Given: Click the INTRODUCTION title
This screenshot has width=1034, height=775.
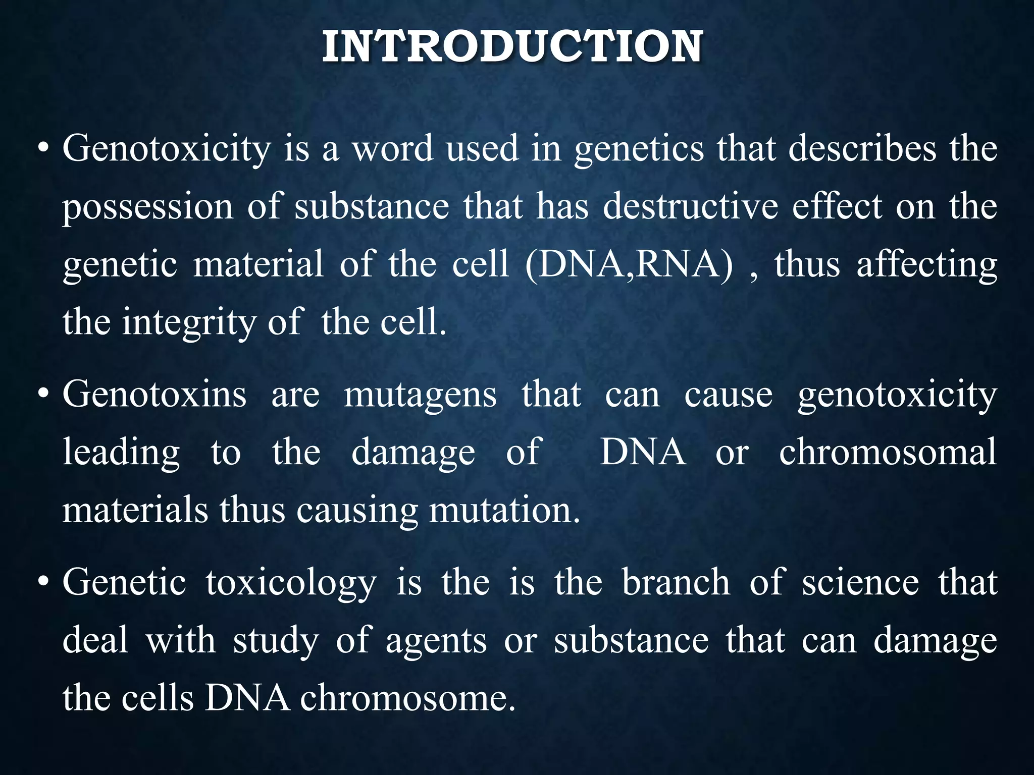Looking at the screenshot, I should click(512, 46).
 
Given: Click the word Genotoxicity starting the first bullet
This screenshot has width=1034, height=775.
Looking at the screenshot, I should click(167, 149).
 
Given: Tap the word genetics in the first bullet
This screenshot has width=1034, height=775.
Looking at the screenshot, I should click(639, 149).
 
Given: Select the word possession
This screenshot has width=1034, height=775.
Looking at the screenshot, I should click(147, 207).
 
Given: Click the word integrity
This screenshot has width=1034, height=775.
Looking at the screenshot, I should click(189, 323).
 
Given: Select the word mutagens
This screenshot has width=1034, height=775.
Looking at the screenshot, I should click(420, 395).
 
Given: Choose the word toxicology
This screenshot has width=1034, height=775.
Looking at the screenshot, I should click(291, 583).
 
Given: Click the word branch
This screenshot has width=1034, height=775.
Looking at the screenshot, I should click(676, 582).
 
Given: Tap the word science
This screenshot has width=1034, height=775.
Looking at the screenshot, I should click(860, 582).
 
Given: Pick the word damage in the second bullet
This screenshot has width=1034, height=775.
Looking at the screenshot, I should click(413, 453).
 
